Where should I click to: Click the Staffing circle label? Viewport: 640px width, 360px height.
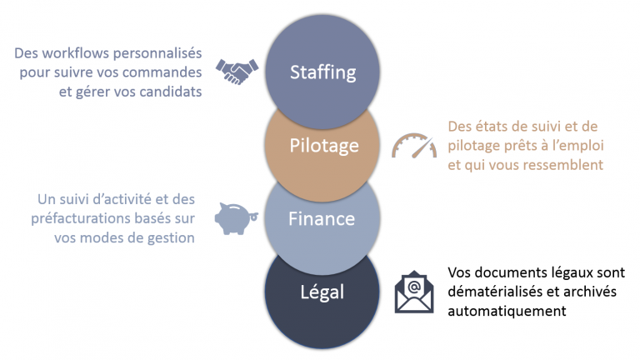pyautogui.click(x=322, y=73)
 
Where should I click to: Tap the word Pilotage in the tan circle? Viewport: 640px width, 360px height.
pyautogui.click(x=324, y=146)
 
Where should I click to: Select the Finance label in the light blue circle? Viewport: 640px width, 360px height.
pyautogui.click(x=322, y=219)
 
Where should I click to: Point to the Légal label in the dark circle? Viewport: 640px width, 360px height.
pyautogui.click(x=322, y=292)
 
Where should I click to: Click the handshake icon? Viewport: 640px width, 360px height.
pyautogui.click(x=237, y=72)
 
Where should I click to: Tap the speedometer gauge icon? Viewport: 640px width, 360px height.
pyautogui.click(x=414, y=146)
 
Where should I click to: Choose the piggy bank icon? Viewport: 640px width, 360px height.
pyautogui.click(x=237, y=219)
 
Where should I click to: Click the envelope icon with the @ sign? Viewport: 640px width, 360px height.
pyautogui.click(x=414, y=292)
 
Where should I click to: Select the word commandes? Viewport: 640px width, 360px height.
pyautogui.click(x=162, y=72)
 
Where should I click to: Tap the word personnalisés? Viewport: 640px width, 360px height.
pyautogui.click(x=157, y=54)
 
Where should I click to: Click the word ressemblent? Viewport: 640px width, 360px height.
pyautogui.click(x=563, y=165)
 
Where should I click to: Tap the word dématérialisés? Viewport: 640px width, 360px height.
pyautogui.click(x=495, y=292)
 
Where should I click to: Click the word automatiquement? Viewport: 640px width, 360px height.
pyautogui.click(x=507, y=312)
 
